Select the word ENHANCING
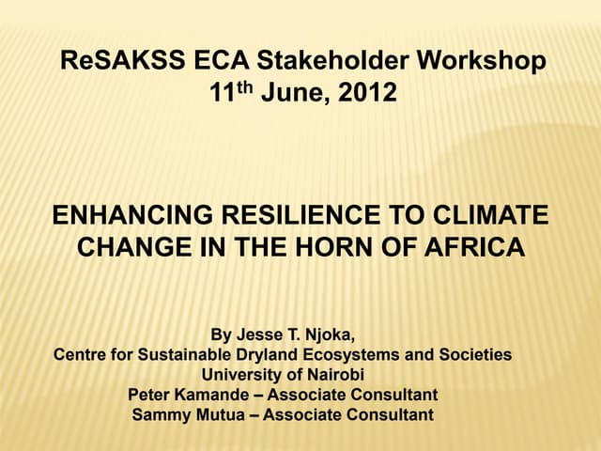[132, 216]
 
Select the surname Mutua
[225, 414]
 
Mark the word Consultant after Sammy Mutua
[391, 414]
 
